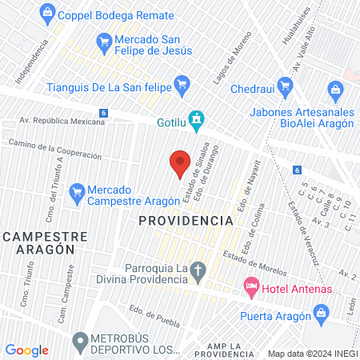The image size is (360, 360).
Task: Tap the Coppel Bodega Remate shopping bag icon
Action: (x=47, y=12)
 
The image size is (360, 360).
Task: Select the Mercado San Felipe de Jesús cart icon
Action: (x=103, y=40)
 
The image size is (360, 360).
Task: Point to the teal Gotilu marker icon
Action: (x=196, y=121)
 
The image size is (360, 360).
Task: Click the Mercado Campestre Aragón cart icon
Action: (x=77, y=191)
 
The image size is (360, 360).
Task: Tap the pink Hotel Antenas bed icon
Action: (x=251, y=285)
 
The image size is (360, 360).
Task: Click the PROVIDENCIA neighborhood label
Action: (x=179, y=219)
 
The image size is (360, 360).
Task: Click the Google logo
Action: (x=27, y=350)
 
